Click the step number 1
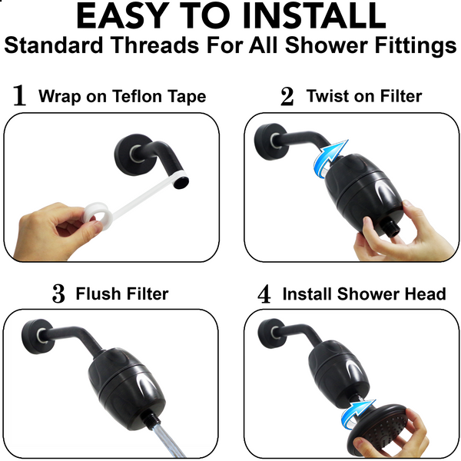pos(20,96)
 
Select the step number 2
pos(287,96)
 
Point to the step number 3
pos(58,294)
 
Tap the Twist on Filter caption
pos(364,96)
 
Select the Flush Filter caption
pos(122,294)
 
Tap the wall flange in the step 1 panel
pos(129,147)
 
